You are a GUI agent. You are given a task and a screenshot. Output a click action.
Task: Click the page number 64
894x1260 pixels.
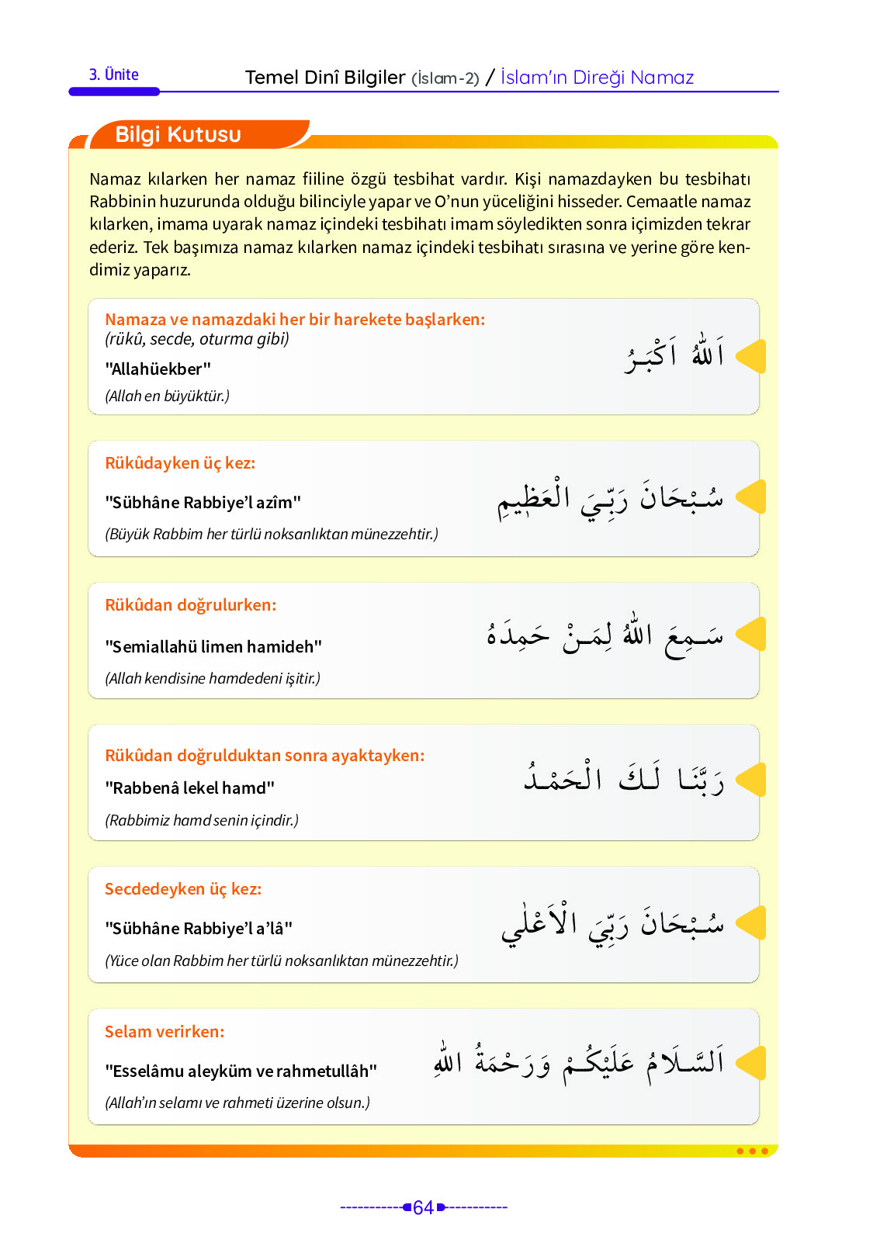point(423,1207)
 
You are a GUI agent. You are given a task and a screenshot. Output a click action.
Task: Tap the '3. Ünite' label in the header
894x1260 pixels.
point(114,75)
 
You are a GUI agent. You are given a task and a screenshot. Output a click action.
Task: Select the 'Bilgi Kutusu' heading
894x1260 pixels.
point(178,135)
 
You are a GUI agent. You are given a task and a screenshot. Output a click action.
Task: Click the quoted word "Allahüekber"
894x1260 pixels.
point(158,369)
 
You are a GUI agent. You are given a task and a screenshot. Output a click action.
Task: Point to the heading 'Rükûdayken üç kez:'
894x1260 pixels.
point(180,463)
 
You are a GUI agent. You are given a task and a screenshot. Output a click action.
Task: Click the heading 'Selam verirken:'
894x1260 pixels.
point(165,1032)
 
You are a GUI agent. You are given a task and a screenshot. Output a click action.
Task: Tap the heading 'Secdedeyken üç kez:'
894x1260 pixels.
point(183,889)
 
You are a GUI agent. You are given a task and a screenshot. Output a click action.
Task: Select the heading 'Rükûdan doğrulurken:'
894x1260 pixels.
point(191,605)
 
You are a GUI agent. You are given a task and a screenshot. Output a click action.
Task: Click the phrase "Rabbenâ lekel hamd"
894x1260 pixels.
point(190,788)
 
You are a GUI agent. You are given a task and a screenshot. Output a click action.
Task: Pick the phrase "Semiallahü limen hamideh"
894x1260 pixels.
point(213,647)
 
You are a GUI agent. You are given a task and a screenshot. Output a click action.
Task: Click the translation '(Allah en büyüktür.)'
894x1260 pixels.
point(168,396)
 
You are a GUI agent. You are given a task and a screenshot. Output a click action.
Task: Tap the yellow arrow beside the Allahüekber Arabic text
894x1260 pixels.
point(750,356)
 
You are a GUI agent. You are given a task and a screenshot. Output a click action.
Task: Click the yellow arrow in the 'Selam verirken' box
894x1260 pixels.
point(750,1063)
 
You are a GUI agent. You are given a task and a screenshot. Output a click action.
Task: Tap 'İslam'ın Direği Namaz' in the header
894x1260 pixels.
point(597,78)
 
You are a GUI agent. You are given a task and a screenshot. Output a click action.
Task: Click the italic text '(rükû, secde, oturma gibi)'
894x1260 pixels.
point(197,339)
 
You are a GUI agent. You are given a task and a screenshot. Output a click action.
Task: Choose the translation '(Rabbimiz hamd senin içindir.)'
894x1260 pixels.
point(202,820)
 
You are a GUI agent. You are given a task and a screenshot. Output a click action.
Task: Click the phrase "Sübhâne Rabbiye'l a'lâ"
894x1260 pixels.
point(199,929)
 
